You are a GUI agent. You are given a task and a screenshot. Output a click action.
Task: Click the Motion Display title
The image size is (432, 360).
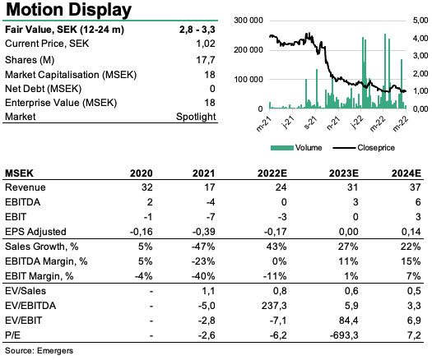[68, 10]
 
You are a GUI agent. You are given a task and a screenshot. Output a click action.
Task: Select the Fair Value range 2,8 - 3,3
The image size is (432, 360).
[197, 30]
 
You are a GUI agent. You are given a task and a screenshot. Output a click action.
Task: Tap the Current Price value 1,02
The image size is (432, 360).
[205, 44]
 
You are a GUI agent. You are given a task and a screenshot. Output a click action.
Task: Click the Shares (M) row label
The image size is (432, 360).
[30, 60]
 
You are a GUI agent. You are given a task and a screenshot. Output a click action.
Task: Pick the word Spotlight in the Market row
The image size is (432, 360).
[196, 117]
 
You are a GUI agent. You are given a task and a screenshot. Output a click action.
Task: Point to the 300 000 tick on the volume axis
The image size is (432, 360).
[249, 21]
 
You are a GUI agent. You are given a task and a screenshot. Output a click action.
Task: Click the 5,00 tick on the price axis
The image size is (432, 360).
[420, 21]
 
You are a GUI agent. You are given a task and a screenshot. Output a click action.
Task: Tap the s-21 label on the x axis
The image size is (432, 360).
[310, 122]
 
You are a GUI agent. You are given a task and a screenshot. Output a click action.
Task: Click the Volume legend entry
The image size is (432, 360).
[296, 148]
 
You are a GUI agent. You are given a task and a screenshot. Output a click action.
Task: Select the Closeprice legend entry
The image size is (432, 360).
[364, 148]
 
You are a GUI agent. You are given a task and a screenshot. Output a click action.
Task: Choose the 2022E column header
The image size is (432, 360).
[272, 173]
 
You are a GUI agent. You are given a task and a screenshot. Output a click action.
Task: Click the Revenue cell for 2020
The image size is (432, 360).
[146, 187]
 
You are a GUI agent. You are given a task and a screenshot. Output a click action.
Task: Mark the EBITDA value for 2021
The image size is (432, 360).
[210, 202]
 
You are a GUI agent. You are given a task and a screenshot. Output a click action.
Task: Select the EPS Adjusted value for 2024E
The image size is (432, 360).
[411, 232]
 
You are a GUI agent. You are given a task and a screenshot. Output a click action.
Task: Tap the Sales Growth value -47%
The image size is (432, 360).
[203, 247]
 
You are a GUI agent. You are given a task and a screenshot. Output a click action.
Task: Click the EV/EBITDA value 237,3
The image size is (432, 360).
[274, 306]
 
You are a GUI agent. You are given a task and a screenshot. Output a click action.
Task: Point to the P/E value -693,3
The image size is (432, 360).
[344, 335]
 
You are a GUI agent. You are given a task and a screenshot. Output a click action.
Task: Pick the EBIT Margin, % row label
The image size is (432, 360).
[39, 276]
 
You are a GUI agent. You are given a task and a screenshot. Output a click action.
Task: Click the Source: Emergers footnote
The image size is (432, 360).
[39, 351]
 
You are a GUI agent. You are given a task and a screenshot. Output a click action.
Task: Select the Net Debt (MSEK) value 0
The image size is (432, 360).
[212, 89]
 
